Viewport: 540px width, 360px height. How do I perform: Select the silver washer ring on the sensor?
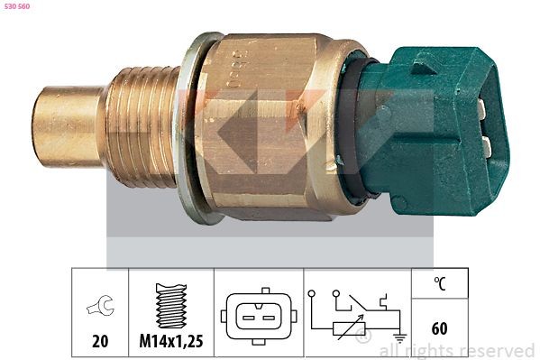coord(192,126)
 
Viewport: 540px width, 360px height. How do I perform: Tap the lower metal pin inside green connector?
coord(487,146)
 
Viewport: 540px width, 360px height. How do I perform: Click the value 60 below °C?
coord(439,328)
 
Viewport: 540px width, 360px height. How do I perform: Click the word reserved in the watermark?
coord(496,351)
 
